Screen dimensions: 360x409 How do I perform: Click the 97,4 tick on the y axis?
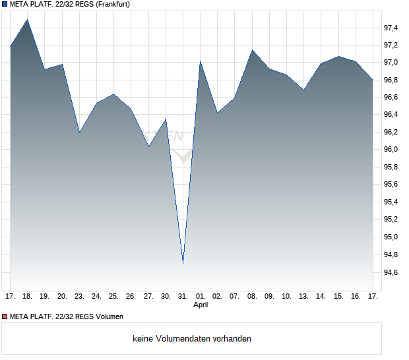click(x=391, y=28)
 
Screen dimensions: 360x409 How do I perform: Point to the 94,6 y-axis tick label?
click(x=391, y=272)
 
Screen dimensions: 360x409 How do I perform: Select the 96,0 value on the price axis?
click(x=391, y=150)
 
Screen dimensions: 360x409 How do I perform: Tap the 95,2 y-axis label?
click(x=391, y=220)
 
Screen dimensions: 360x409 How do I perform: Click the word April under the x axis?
click(x=201, y=305)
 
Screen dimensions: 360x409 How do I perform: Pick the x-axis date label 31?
click(x=183, y=297)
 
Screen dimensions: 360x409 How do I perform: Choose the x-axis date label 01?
click(x=200, y=297)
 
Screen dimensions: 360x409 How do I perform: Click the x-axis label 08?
click(x=252, y=297)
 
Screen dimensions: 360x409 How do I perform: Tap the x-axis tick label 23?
click(x=79, y=297)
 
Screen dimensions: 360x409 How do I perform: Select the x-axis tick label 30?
click(x=166, y=297)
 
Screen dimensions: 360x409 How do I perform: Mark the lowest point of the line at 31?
click(x=183, y=263)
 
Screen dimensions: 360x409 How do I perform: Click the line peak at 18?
click(x=27, y=19)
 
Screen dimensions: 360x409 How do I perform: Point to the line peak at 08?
click(x=252, y=50)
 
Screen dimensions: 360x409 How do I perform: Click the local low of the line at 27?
click(x=148, y=146)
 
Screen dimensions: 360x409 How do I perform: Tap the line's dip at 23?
click(x=79, y=133)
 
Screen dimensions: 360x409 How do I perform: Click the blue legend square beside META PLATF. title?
click(x=5, y=5)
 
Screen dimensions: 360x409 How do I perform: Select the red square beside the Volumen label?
click(x=5, y=317)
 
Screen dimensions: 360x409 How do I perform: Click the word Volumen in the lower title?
click(x=108, y=317)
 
